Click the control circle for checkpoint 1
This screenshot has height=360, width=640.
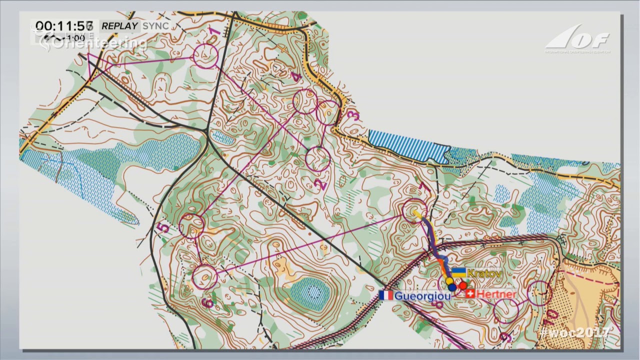pyautogui.click(x=205, y=55)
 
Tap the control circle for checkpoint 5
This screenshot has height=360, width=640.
pyautogui.click(x=191, y=225)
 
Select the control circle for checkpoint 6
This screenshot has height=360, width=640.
pyautogui.click(x=204, y=277)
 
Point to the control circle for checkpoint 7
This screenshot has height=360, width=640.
pyautogui.click(x=414, y=210)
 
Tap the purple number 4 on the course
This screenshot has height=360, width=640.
pyautogui.click(x=296, y=77)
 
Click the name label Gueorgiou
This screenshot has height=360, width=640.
pyautogui.click(x=422, y=296)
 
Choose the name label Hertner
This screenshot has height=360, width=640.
pyautogui.click(x=496, y=294)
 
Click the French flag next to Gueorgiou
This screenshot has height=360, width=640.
pyautogui.click(x=386, y=295)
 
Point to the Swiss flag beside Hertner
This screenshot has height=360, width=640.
pyautogui.click(x=470, y=293)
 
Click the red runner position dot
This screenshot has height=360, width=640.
pyautogui.click(x=463, y=285)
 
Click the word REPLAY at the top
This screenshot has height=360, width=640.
pyautogui.click(x=119, y=26)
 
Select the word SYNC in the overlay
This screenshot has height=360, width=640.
pyautogui.click(x=155, y=26)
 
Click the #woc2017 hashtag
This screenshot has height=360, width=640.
pyautogui.click(x=574, y=332)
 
